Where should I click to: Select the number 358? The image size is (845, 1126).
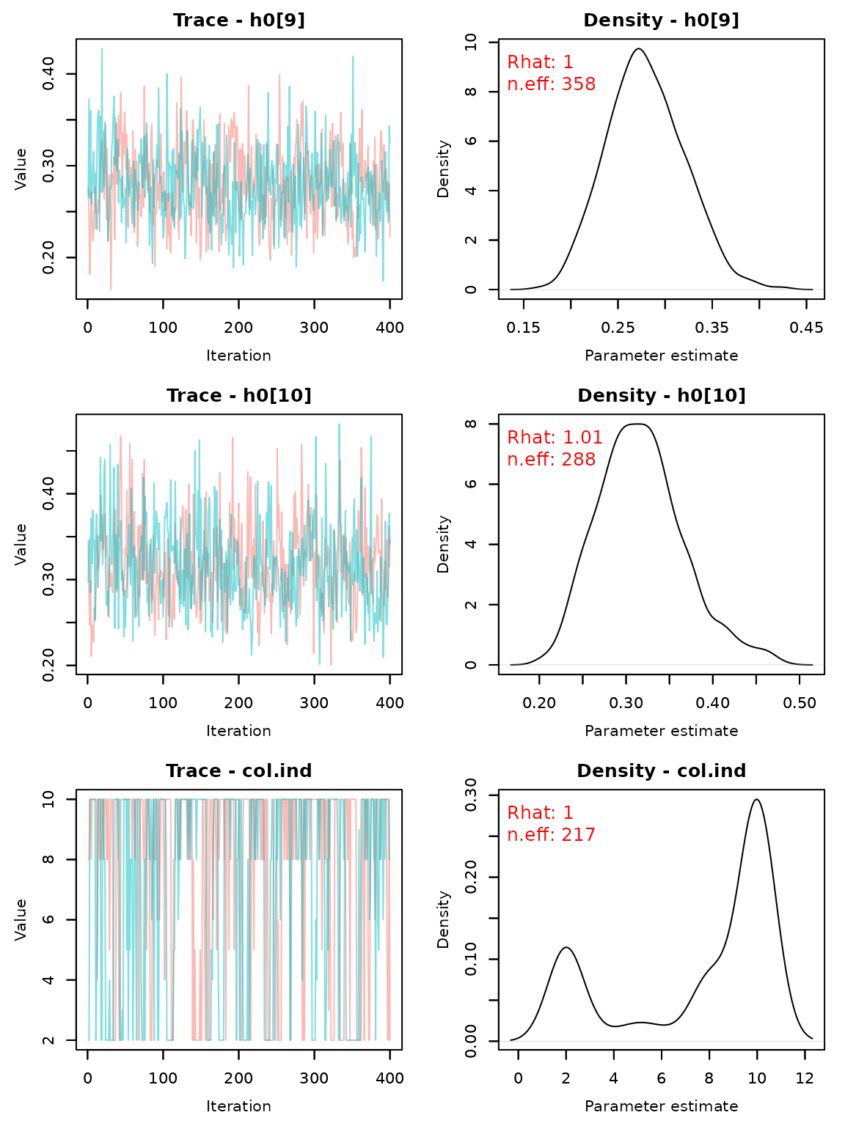point(578,84)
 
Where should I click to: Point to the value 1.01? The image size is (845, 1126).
point(582,438)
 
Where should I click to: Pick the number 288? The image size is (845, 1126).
point(578,460)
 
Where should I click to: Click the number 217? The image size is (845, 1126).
point(578,835)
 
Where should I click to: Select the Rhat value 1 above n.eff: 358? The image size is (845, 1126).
point(568,63)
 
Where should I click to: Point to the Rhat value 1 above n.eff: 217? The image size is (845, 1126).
point(568,813)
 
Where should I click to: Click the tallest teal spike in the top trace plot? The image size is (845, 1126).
point(101,50)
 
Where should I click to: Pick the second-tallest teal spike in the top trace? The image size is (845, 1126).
point(353,57)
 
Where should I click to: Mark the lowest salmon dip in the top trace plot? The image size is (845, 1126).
point(111,288)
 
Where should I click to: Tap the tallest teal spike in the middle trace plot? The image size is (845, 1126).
point(339,424)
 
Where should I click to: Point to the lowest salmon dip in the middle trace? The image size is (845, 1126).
point(331,663)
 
